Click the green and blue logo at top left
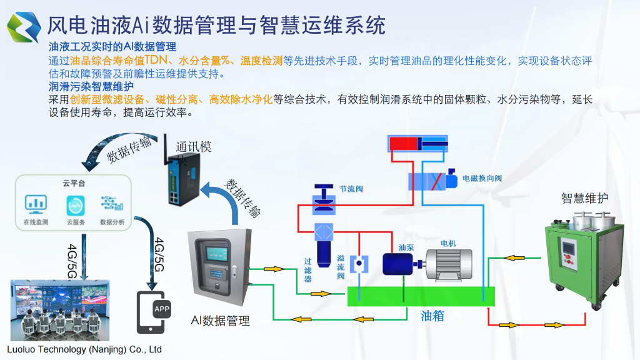click(x=24, y=26)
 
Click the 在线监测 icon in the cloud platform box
click(x=36, y=204)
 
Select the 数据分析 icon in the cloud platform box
click(x=112, y=204)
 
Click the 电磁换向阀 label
click(x=481, y=179)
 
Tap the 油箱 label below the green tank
click(x=431, y=316)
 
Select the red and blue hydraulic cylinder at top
click(x=417, y=143)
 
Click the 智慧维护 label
click(x=584, y=198)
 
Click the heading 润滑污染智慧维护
click(x=91, y=86)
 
